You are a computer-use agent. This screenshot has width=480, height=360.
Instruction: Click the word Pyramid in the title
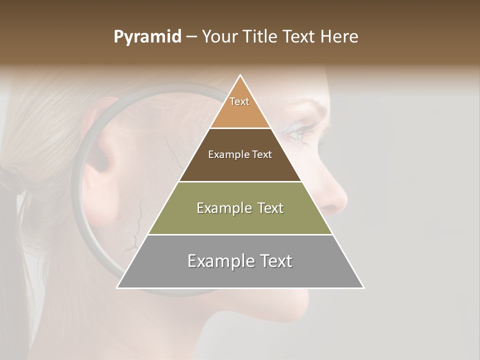click(147, 37)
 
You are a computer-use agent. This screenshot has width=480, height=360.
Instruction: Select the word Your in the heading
click(219, 37)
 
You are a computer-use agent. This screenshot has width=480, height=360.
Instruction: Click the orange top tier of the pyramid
click(240, 112)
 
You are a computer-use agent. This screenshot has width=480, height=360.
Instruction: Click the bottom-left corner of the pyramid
click(117, 287)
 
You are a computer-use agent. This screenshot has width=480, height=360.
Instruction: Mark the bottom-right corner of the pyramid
click(363, 287)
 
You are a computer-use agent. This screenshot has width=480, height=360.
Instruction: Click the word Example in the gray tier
click(220, 261)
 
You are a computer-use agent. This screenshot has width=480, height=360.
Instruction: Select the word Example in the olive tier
click(223, 208)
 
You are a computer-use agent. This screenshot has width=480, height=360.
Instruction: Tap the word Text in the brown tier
click(262, 154)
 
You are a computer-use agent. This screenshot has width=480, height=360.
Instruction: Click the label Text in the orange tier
click(239, 101)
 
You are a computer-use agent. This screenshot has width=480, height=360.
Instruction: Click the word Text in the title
click(298, 37)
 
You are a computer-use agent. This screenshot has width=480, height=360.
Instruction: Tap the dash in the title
click(191, 37)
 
